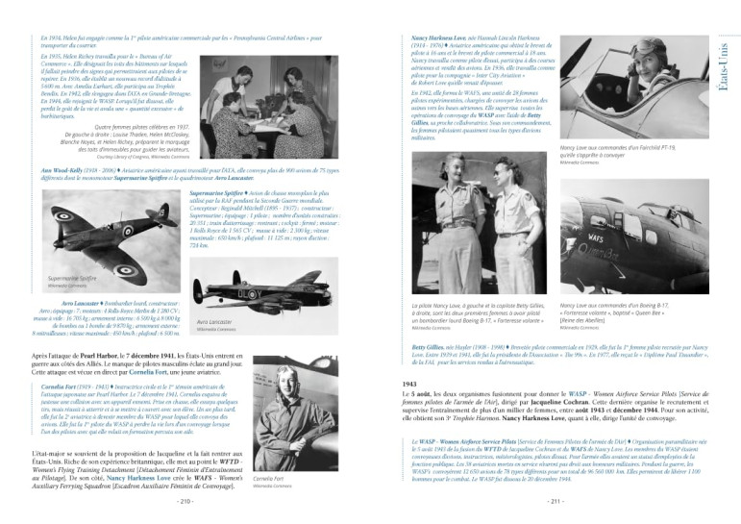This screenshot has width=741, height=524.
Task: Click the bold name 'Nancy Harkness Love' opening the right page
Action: click(428, 35)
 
